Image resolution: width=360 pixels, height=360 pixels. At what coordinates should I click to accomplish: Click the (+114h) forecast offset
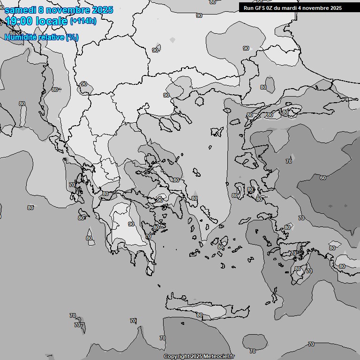(x=83, y=21)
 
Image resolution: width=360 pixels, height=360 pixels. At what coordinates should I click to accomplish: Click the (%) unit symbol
(x=72, y=37)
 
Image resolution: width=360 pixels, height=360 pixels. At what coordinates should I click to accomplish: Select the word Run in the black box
(x=248, y=8)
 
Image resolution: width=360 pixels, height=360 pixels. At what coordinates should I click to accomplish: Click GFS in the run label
(x=260, y=8)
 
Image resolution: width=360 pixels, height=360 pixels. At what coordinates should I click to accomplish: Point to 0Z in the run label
(x=271, y=8)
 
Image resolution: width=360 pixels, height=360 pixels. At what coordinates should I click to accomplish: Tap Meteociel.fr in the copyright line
(x=219, y=356)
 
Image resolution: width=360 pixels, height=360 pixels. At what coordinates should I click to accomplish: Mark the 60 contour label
(x=323, y=178)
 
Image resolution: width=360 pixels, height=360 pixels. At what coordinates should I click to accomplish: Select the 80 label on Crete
(x=200, y=315)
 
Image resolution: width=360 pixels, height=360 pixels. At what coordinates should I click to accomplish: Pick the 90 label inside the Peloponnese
(x=131, y=224)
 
